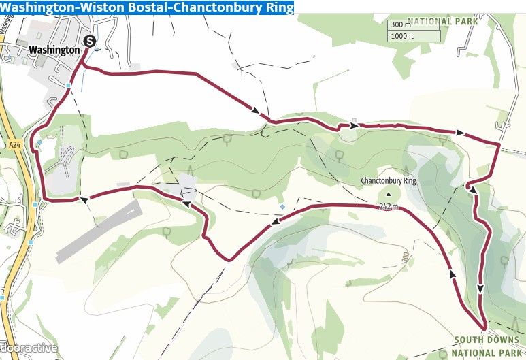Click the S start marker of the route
pos(89,42)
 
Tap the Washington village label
pos(54,50)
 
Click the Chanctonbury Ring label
pos(388,181)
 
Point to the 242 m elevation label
pos(387,207)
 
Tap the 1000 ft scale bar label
pos(404,35)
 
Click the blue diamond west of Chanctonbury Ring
pos(282,206)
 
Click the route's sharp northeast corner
pos(499,144)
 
